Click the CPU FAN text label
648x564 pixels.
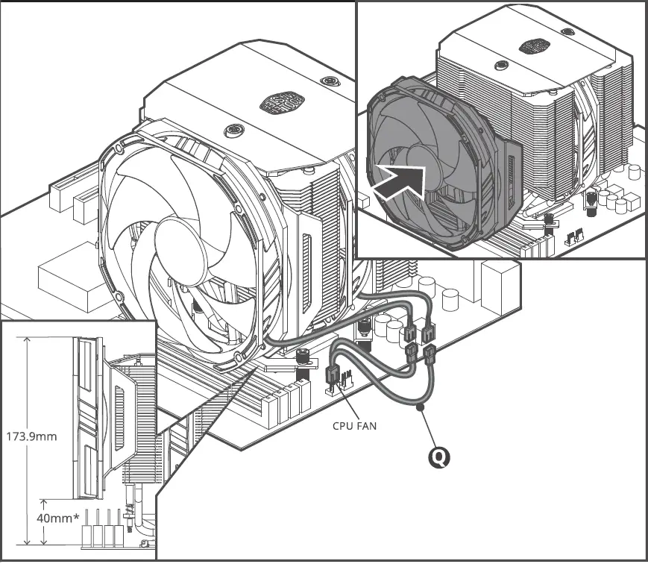pos(354,427)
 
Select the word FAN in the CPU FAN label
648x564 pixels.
pos(366,427)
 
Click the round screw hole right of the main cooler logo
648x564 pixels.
pos(327,81)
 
